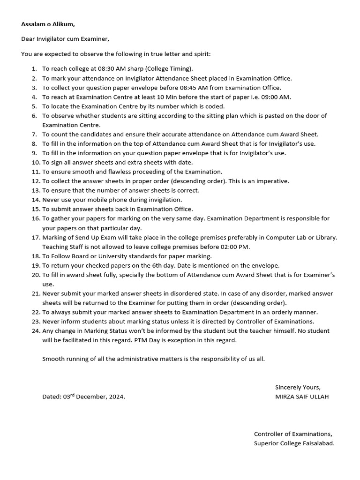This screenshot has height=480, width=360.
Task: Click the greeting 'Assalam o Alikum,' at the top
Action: pyautogui.click(x=48, y=24)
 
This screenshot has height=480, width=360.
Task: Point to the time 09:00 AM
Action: pyautogui.click(x=276, y=97)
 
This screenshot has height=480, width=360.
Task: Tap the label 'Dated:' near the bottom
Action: pyautogui.click(x=52, y=397)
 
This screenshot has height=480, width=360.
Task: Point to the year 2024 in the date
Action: pyautogui.click(x=116, y=397)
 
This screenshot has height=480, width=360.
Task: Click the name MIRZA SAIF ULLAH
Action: pyautogui.click(x=301, y=397)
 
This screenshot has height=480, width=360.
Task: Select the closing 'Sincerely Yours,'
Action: pyautogui.click(x=298, y=387)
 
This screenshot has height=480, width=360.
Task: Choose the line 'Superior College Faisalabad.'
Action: pyautogui.click(x=294, y=443)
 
